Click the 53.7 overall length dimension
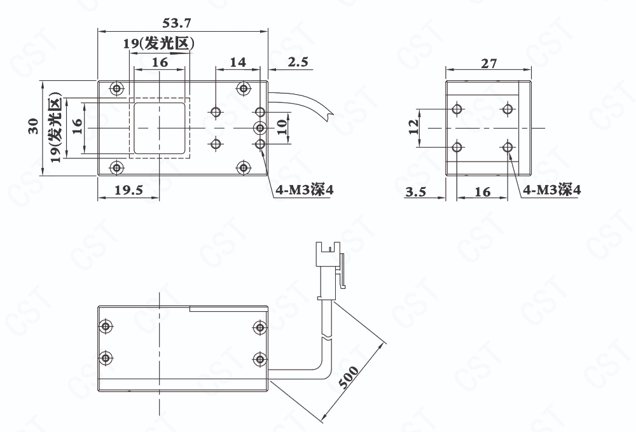176,23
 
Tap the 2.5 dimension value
298,62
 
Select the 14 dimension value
238,62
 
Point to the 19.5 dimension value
128,190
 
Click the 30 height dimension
33,126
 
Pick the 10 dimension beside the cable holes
283,127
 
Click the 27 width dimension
488,64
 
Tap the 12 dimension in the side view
413,127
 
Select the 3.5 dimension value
416,192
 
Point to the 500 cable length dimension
349,377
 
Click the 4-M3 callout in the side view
551,190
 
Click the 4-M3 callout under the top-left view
305,190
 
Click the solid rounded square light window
160,128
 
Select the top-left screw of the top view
117,88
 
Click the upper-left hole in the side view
457,109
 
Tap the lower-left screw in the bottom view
106,358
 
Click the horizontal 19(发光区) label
158,44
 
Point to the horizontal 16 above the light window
160,62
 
